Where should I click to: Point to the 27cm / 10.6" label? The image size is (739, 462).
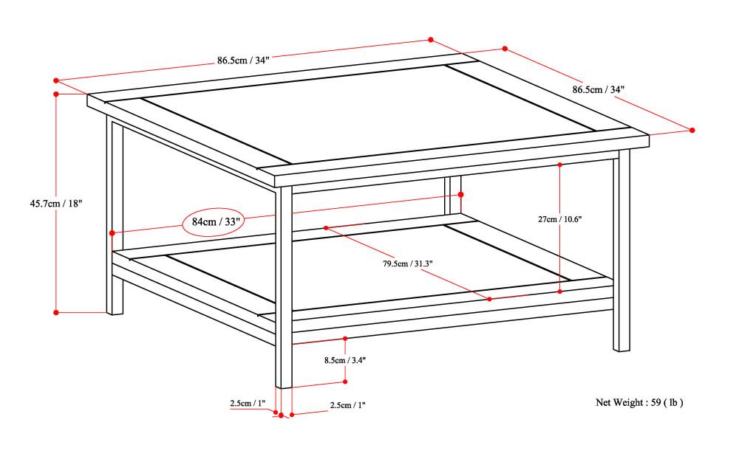tap(559, 219)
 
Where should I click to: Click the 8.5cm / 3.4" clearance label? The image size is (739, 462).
tap(345, 360)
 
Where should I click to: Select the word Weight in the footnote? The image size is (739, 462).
tap(627, 402)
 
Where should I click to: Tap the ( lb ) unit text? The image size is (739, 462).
tap(673, 402)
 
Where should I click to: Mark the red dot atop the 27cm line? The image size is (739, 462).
tap(560, 165)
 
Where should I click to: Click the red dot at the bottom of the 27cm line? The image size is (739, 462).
tap(560, 292)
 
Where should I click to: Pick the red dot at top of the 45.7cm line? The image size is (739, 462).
tap(56, 94)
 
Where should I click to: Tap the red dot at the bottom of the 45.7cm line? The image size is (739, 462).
tap(56, 312)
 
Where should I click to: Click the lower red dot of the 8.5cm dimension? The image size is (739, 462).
tap(345, 382)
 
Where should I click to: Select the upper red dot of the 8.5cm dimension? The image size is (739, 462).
tap(345, 339)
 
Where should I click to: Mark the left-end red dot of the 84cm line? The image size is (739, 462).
tap(112, 233)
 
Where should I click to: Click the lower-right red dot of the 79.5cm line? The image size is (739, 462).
tap(489, 299)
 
